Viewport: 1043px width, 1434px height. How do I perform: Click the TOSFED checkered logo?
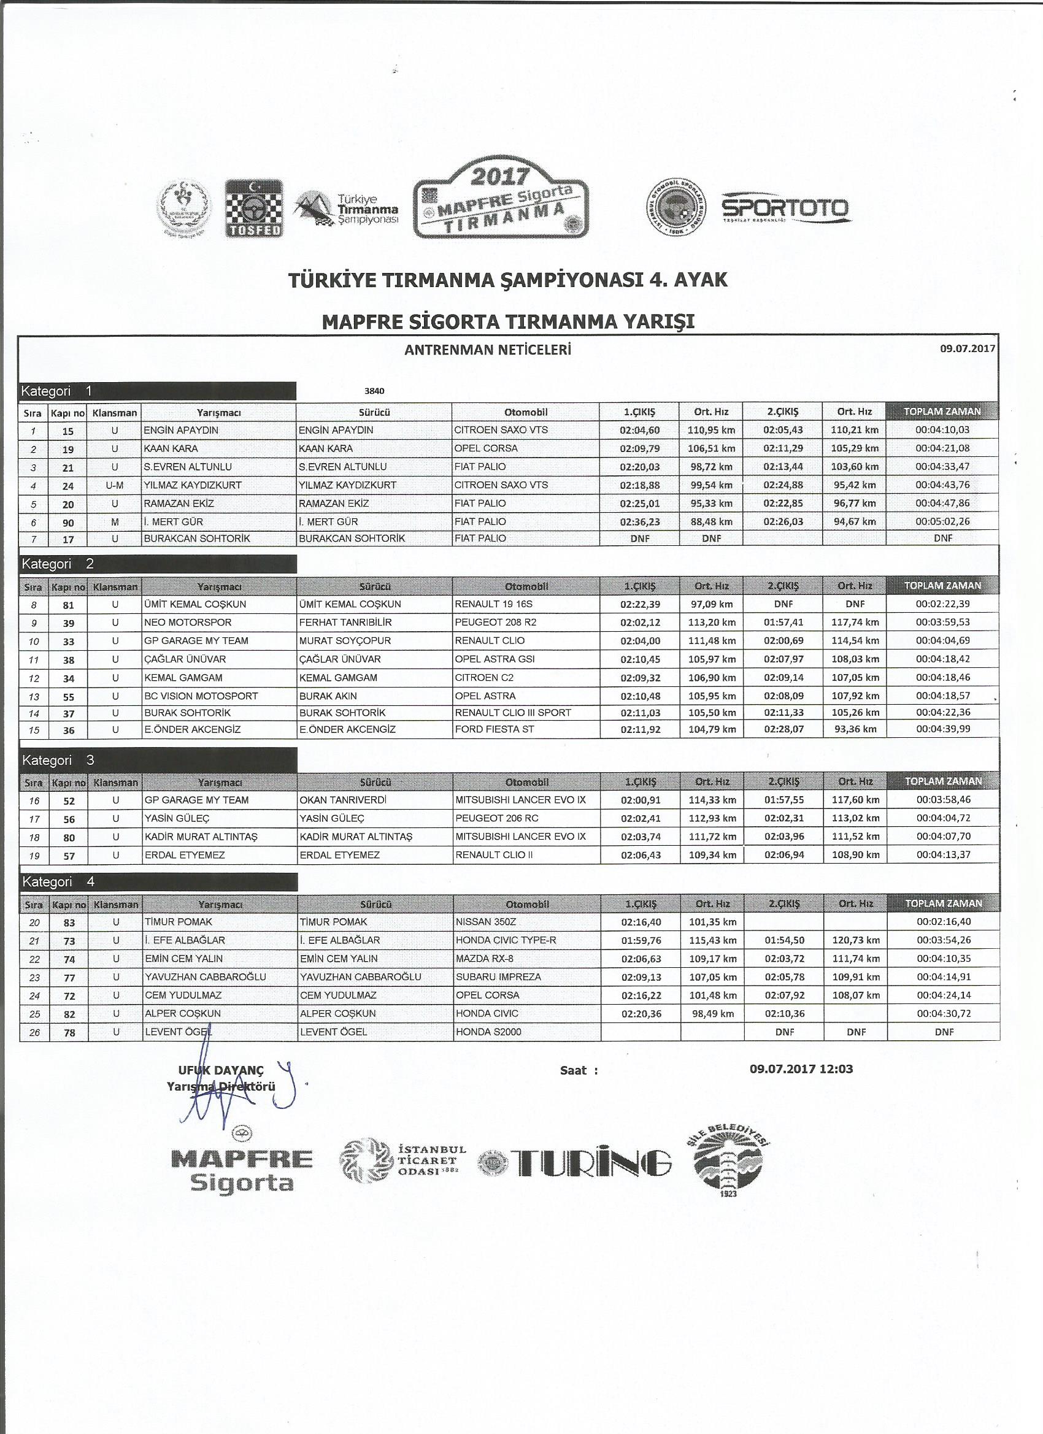254,209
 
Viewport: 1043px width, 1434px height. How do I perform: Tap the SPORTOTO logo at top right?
786,209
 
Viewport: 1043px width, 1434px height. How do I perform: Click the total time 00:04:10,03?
942,430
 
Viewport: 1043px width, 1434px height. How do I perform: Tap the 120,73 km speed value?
855,940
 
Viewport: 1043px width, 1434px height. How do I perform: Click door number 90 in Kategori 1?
67,522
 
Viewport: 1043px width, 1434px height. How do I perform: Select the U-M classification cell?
115,486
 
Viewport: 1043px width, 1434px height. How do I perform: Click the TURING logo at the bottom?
576,1162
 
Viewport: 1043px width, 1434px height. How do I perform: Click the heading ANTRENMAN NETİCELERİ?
488,350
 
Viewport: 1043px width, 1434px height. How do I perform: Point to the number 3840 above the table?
374,391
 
